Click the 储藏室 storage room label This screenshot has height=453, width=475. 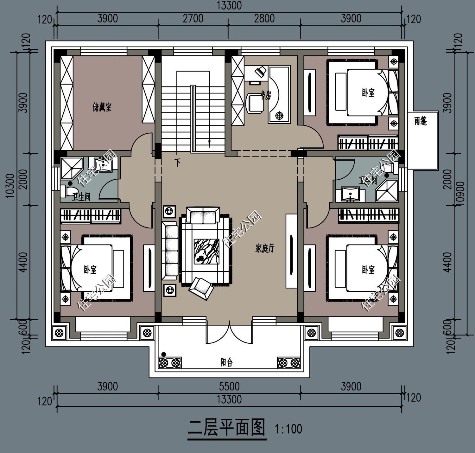102,107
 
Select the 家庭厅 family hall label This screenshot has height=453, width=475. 265,249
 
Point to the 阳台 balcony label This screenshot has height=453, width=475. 226,362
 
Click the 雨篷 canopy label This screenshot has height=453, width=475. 421,121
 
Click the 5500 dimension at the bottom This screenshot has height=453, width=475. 229,386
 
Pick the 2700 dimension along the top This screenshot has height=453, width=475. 193,18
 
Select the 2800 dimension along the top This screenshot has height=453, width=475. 264,18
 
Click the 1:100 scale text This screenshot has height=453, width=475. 288,429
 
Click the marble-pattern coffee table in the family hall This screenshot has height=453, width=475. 206,251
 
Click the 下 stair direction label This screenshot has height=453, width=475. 178,163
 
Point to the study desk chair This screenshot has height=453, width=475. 255,102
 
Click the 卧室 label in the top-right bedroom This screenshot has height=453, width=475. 368,93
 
